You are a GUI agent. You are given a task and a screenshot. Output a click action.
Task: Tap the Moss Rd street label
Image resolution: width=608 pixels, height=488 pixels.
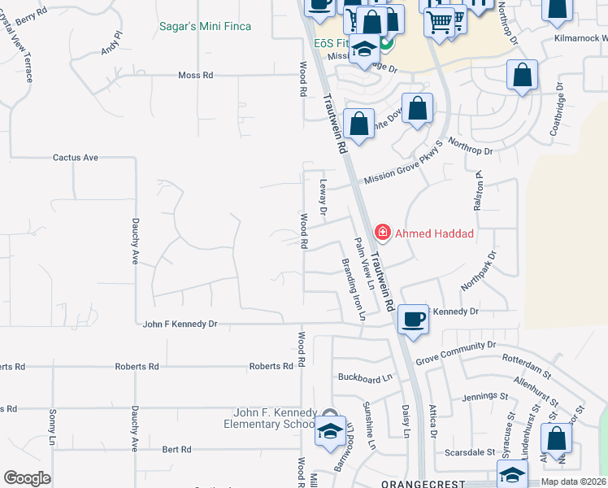195,76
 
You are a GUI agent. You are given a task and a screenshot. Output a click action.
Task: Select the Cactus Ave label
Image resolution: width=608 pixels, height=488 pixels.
76,157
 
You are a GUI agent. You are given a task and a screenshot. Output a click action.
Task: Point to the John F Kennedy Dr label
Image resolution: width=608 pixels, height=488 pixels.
180,324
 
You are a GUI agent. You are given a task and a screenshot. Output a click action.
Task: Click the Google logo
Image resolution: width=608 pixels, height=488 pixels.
27,478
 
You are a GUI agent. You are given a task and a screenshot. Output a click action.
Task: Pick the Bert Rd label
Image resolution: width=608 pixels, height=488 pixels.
176,449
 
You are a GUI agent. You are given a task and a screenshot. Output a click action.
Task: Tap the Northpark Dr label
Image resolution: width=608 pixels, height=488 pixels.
478,271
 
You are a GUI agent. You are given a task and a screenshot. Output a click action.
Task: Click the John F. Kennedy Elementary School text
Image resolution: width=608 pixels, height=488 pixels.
270,419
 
